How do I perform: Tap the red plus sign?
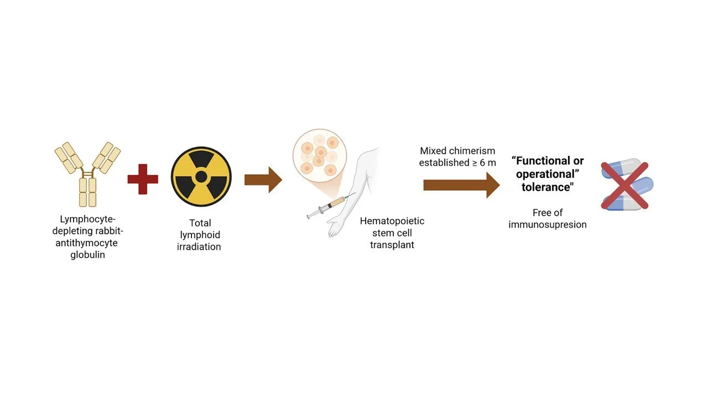coord(143,179)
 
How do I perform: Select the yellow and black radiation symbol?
coord(201,177)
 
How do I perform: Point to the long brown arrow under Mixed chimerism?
coord(461,185)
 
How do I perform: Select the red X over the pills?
coord(624,185)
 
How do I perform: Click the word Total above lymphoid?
coord(200,223)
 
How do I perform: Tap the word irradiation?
coord(199,247)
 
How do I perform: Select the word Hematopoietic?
coord(392,221)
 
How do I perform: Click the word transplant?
coord(392,245)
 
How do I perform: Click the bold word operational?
coord(546,174)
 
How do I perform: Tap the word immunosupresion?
coord(548,224)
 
